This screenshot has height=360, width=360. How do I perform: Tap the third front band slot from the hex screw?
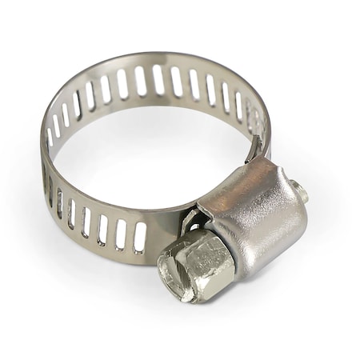[x=102, y=228]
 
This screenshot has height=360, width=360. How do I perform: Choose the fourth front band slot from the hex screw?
[x=86, y=222]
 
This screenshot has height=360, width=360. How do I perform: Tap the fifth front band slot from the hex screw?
[x=71, y=214]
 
